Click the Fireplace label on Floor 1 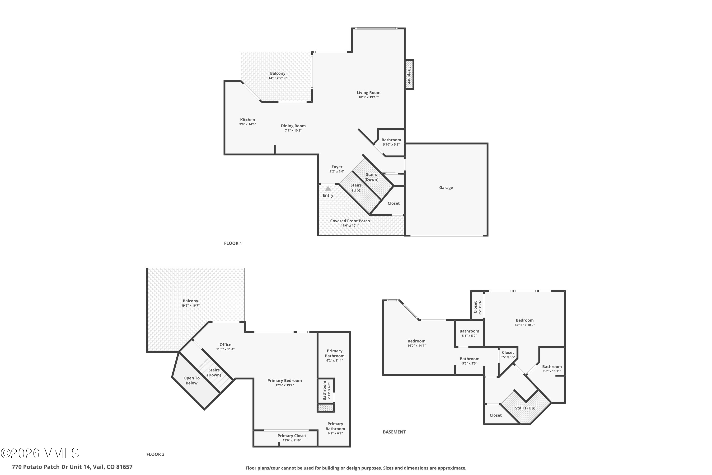tap(409, 75)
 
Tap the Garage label tap(446, 188)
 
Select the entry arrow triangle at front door tap(328, 188)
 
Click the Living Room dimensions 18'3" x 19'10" tap(368, 97)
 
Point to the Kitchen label tap(247, 120)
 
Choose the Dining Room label tap(293, 126)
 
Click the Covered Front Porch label tap(350, 221)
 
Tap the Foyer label tap(337, 167)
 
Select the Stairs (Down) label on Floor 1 tap(371, 177)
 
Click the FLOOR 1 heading tap(233, 243)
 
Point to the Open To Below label tap(191, 380)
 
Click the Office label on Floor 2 tap(225, 344)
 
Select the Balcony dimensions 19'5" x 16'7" tap(190, 305)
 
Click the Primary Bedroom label tap(284, 380)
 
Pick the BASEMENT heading tap(394, 432)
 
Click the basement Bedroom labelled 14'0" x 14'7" tap(416, 341)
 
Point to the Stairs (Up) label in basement tap(525, 408)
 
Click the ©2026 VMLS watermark tap(40, 453)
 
